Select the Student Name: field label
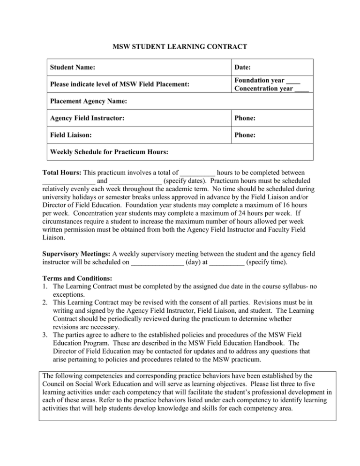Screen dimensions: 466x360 (73, 68)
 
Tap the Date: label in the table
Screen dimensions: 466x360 (244, 68)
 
